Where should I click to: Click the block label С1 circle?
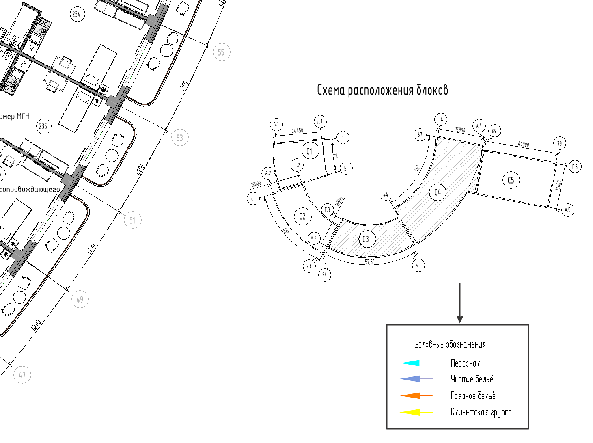point(310,151)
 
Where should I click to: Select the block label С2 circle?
point(302,216)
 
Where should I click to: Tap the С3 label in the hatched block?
point(366,239)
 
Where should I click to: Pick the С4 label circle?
point(438,192)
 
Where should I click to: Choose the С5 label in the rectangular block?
point(511,180)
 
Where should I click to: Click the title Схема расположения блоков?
point(382,90)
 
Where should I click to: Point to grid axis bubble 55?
point(221,52)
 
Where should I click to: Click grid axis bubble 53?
point(180,138)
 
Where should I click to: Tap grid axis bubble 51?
point(132,220)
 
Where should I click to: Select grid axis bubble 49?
point(80,299)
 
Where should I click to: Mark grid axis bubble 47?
point(22,375)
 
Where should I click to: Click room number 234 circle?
point(76,15)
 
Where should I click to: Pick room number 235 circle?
point(43,126)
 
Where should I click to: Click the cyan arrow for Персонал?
point(416,363)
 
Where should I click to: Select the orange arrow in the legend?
point(416,395)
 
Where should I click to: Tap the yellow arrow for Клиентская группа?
point(416,412)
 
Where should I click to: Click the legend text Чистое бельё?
point(472,379)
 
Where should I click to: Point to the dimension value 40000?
point(523,144)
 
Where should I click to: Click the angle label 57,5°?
point(369,262)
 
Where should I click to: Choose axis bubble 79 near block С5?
point(559,143)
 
